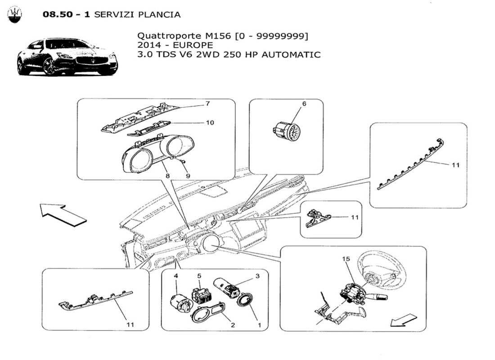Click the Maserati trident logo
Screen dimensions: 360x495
click(x=15, y=15)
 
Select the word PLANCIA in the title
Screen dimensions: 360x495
click(x=160, y=14)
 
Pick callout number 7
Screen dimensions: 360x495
click(x=207, y=103)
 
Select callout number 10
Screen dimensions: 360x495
click(x=210, y=122)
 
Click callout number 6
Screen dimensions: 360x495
click(x=304, y=103)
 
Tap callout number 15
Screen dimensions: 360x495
click(x=346, y=259)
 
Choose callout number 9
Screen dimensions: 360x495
click(x=188, y=176)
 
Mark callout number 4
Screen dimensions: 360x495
click(x=176, y=275)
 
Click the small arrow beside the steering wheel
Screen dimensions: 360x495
click(x=403, y=320)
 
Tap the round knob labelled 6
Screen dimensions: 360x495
click(x=287, y=129)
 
